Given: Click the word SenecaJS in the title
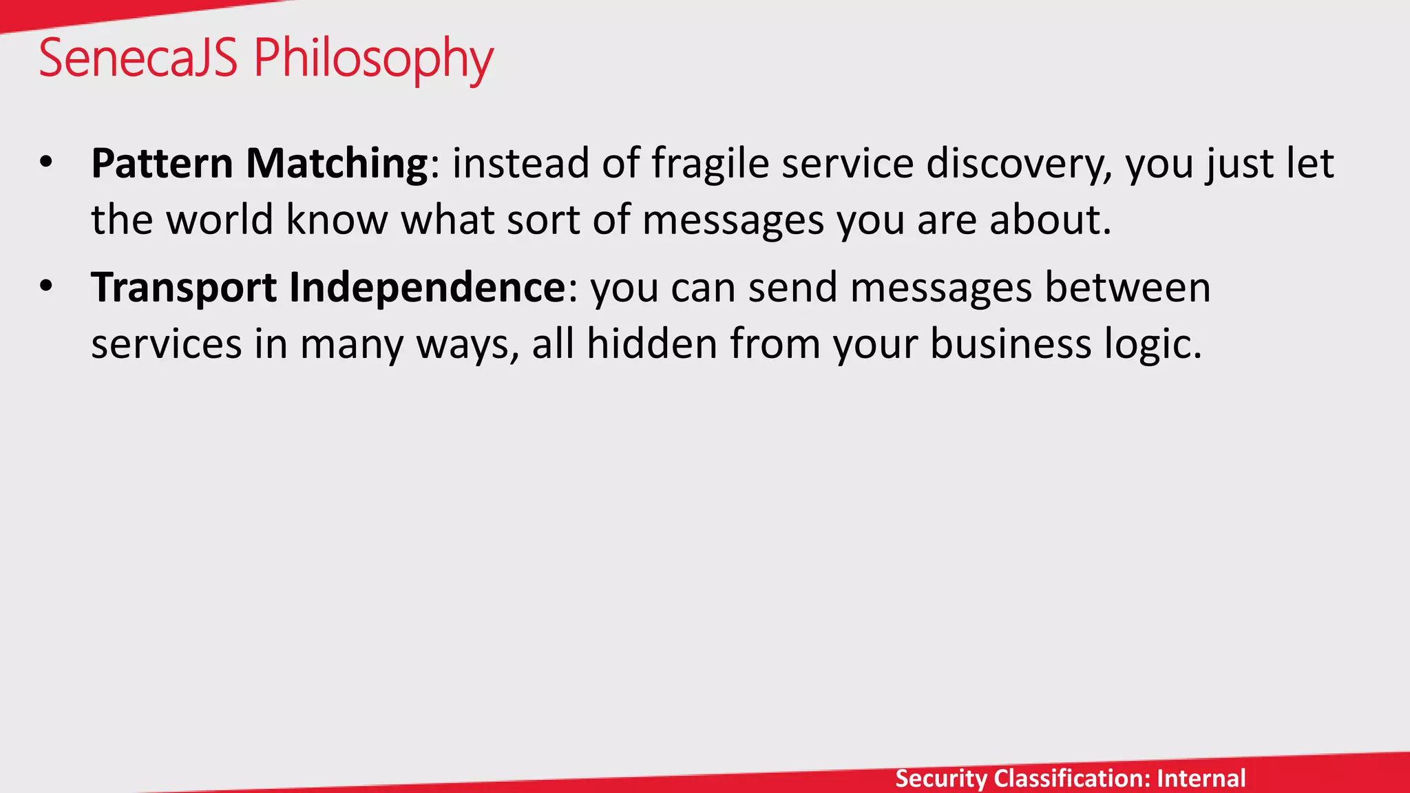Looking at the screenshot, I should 138,58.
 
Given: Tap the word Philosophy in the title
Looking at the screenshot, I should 374,59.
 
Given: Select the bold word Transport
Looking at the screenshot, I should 184,288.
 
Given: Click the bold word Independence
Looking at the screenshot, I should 427,288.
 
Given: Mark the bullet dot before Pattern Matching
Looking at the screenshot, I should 46,163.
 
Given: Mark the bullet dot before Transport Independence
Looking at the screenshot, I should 46,287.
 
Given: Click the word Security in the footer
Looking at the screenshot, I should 940,779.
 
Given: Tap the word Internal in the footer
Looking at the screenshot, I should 1201,779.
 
